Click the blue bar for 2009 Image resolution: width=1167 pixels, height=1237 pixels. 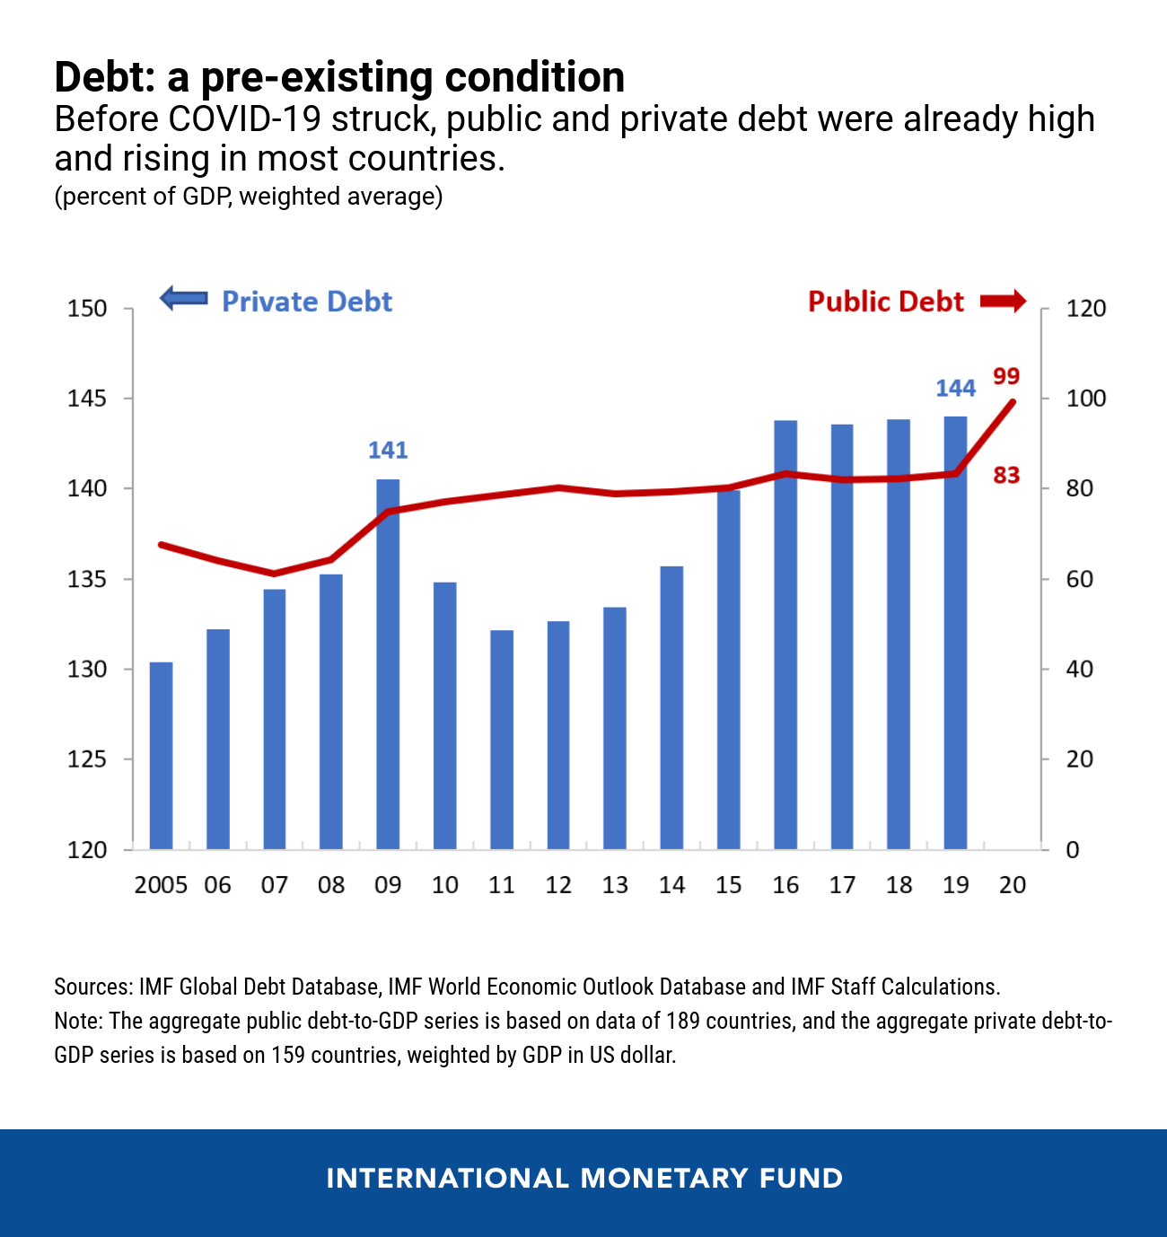(388, 664)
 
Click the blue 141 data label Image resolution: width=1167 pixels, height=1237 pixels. (388, 450)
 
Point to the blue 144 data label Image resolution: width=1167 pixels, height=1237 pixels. (955, 388)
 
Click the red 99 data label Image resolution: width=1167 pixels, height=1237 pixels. (1006, 376)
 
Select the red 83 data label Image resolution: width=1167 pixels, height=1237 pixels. (1006, 475)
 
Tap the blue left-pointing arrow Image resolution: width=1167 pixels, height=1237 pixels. (184, 299)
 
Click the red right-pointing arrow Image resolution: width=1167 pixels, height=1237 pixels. (1003, 301)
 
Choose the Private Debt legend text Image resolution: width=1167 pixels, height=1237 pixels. (307, 302)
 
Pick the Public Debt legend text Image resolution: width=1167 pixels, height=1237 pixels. (885, 302)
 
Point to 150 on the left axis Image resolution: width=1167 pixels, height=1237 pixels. (87, 309)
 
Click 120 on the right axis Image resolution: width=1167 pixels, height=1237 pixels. (1085, 309)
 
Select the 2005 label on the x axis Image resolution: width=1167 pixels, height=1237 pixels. (161, 885)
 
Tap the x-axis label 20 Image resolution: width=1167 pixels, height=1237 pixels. (1013, 885)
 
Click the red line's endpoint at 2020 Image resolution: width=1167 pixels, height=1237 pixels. (1013, 402)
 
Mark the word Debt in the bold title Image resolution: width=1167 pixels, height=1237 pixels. (105, 77)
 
